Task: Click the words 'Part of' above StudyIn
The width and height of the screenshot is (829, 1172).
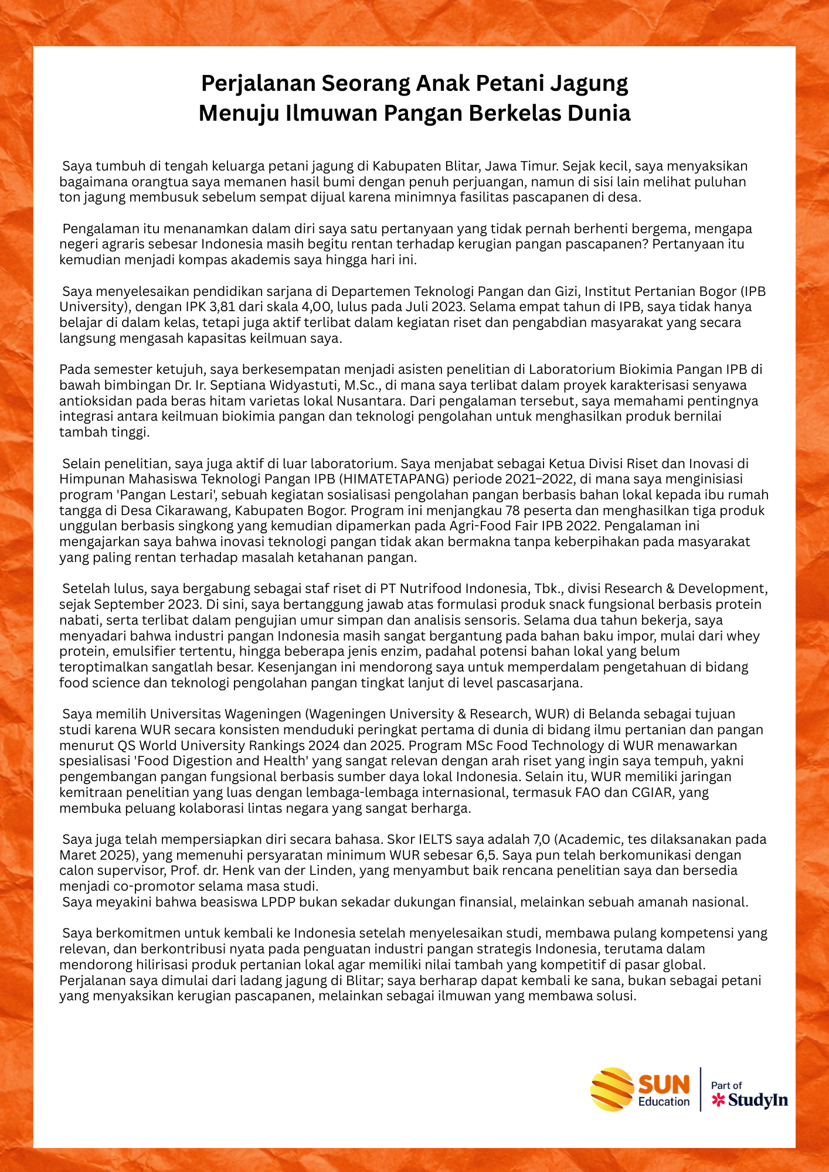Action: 726,1086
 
